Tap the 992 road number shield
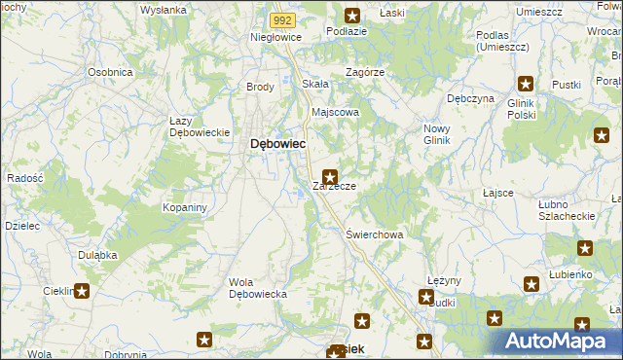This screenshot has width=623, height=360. tap(282, 18)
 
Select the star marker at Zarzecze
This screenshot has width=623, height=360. tap(331, 178)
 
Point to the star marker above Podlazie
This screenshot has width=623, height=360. tap(352, 15)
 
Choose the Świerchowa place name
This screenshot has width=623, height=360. tap(375, 234)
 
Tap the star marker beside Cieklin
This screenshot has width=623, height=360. tap(83, 290)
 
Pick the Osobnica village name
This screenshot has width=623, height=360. tap(110, 72)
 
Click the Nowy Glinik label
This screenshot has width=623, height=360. tap(437, 133)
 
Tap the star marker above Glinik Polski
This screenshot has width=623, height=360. tap(526, 85)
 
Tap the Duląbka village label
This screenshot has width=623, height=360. tap(97, 255)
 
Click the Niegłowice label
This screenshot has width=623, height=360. tap(276, 37)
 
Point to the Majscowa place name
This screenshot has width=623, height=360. tap(335, 112)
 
